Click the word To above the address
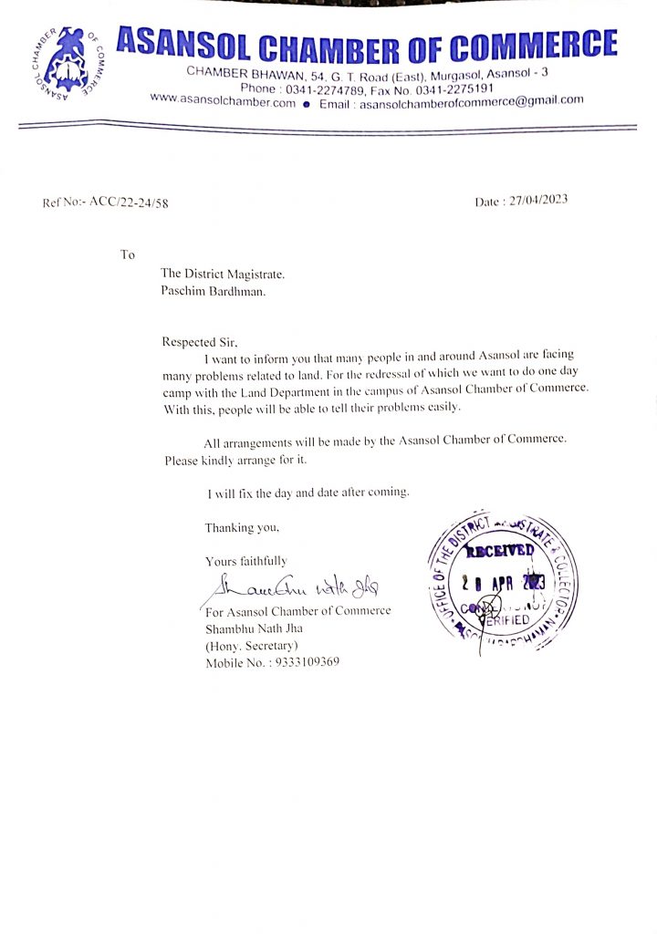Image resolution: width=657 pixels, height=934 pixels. [x=127, y=254]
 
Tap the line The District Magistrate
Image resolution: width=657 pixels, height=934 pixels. [x=223, y=273]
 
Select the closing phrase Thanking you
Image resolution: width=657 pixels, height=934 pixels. [x=242, y=527]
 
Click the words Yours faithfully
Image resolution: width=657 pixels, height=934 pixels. [x=245, y=561]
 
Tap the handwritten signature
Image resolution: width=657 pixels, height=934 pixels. [x=291, y=585]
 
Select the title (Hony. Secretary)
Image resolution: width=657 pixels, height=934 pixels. [x=251, y=646]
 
